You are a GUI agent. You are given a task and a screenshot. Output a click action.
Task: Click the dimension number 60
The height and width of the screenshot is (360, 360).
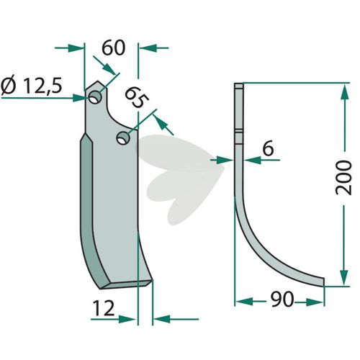113,48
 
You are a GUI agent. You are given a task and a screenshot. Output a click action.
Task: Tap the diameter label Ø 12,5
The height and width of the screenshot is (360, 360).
32,86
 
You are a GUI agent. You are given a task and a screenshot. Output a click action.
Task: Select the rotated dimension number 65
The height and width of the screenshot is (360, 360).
136,98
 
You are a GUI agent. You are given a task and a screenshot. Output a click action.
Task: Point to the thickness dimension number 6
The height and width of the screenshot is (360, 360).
268,149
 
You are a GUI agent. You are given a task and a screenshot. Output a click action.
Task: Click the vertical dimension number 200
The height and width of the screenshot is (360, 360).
343,178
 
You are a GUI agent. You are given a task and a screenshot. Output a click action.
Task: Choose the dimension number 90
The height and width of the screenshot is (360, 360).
282,300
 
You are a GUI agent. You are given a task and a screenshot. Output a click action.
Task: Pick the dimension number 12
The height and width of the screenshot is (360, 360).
103,308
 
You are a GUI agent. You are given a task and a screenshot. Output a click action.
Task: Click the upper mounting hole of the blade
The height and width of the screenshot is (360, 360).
95,97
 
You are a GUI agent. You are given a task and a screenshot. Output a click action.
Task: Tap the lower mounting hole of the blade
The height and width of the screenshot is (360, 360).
123,138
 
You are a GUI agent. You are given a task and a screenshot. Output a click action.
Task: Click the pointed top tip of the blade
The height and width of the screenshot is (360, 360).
97,81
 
